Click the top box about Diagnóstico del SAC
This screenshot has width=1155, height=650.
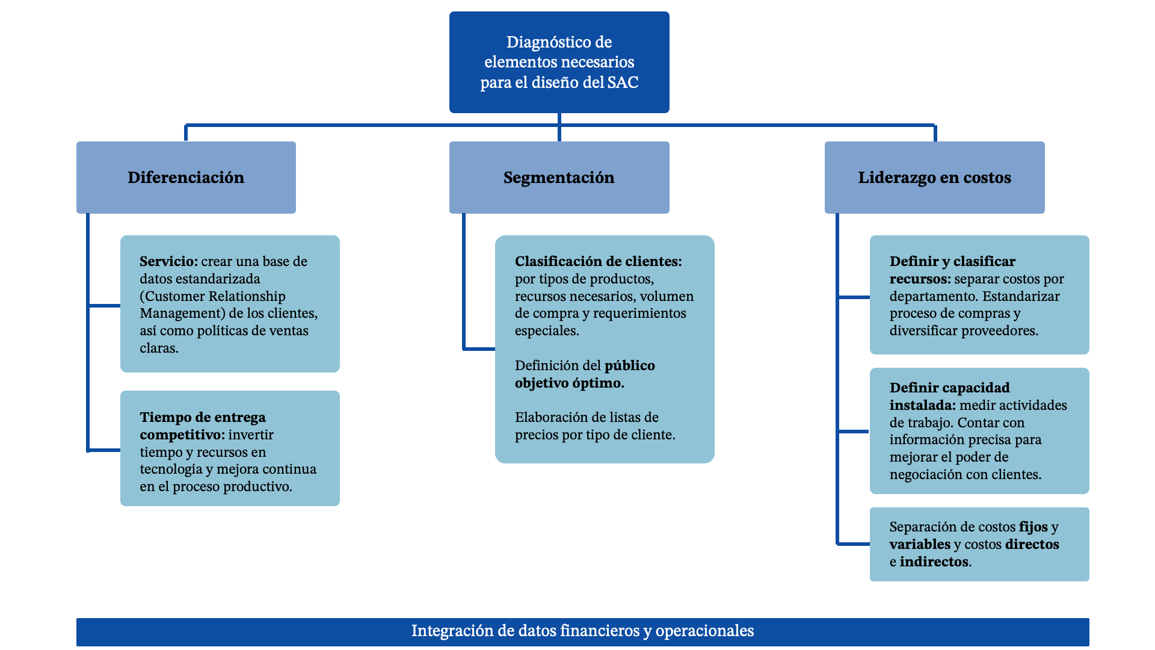(559, 62)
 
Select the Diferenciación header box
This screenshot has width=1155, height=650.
(186, 178)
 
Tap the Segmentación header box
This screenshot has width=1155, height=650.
(559, 178)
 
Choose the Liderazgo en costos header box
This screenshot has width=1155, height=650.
(934, 178)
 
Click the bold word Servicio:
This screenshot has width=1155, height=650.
(168, 262)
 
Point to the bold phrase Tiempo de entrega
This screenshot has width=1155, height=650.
(203, 418)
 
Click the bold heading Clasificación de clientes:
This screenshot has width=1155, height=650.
(598, 262)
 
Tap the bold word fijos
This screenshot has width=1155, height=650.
(1033, 527)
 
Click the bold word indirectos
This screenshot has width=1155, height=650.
(934, 562)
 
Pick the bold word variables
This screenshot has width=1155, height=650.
(920, 545)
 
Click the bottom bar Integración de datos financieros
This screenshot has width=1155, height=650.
(582, 631)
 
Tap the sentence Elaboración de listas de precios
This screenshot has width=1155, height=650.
(594, 426)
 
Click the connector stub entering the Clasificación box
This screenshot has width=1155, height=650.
(479, 348)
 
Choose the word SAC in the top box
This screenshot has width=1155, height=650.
(623, 82)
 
